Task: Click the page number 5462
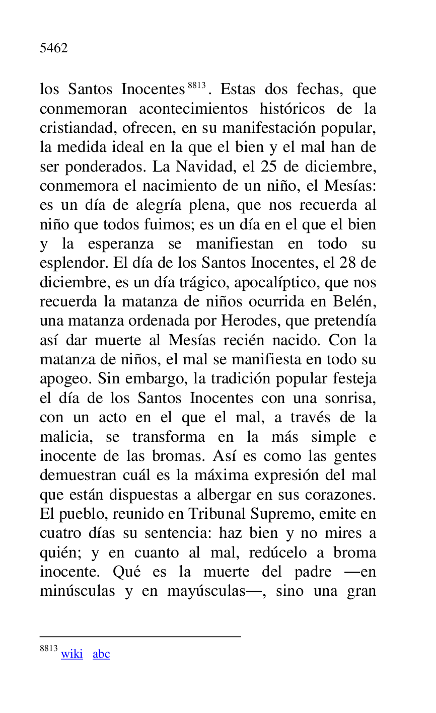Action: point(53,48)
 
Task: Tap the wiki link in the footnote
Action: point(72,654)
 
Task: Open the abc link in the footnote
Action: point(101,654)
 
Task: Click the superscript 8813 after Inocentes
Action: point(196,86)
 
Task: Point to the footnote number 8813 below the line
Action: point(49,649)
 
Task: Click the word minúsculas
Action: point(77,591)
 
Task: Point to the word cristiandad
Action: point(78,128)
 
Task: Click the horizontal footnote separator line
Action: point(140,637)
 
